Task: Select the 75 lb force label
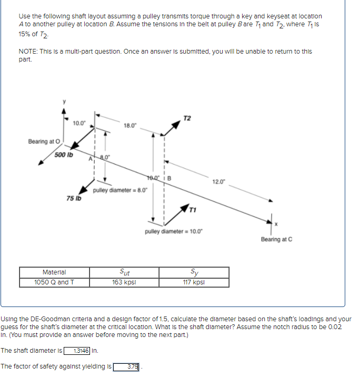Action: (73, 198)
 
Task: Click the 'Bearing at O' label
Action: (44, 141)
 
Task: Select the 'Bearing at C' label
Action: (276, 239)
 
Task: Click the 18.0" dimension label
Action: (131, 125)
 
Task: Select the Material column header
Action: (54, 272)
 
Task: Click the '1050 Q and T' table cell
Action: (54, 282)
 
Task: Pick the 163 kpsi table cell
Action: (124, 282)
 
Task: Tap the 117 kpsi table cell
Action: (194, 282)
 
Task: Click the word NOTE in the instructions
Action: (27, 52)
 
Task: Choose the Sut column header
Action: (124, 272)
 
